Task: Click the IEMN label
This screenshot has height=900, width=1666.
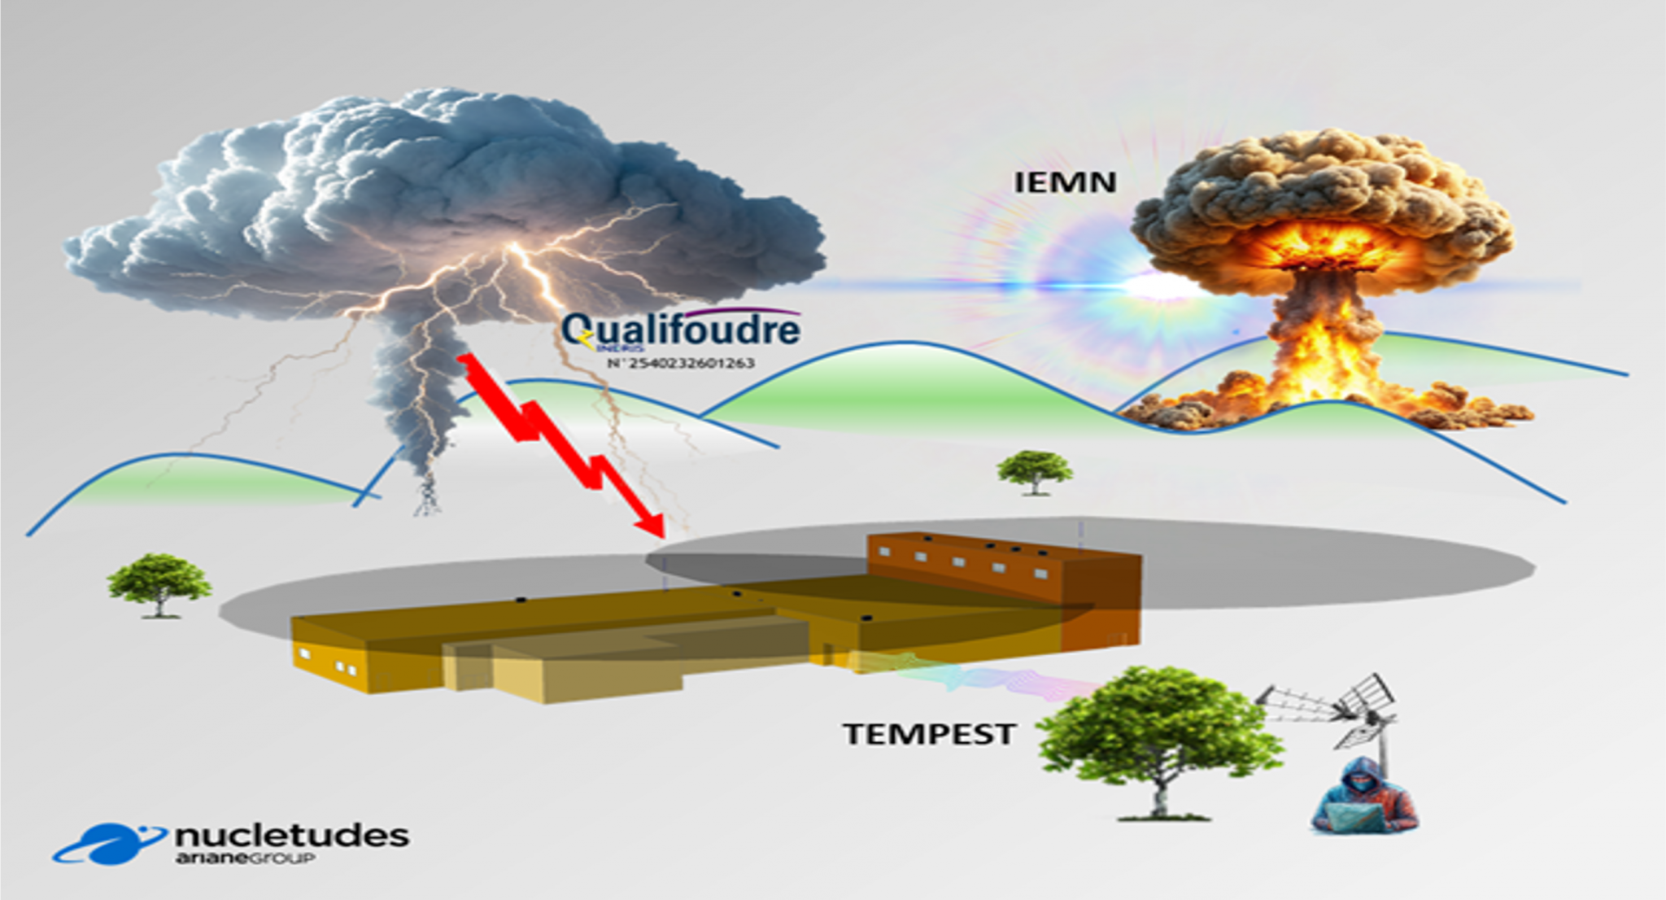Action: click(1064, 182)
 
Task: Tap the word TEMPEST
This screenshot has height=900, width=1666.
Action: click(929, 734)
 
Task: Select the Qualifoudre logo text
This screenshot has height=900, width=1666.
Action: click(682, 330)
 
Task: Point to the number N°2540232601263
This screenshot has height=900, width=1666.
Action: click(681, 363)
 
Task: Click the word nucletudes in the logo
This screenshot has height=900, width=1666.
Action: click(291, 836)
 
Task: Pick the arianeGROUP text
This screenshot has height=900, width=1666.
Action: click(244, 858)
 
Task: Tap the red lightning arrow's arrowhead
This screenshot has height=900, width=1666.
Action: click(651, 525)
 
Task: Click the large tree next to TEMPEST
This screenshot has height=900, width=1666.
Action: click(1159, 724)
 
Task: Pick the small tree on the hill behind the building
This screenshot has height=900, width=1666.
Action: click(1035, 470)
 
